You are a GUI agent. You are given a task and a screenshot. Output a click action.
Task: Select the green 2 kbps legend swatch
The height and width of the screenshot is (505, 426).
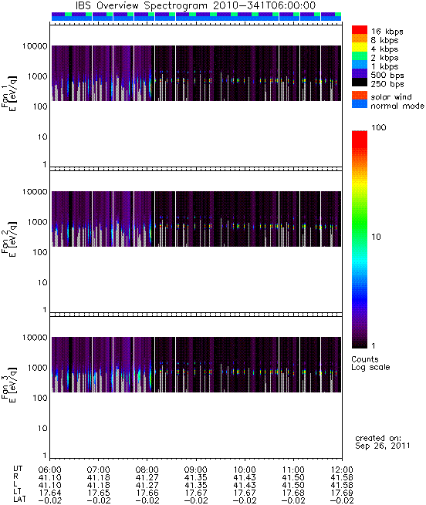point(360,56)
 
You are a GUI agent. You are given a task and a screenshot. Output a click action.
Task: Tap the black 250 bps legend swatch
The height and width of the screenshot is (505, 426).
point(360,82)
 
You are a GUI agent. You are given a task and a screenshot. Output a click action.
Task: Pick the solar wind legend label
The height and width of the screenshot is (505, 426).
point(391,97)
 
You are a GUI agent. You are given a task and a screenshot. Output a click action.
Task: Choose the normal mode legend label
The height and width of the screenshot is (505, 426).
point(397,106)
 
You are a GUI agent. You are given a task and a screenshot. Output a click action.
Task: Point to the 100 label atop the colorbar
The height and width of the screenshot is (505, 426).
point(379,127)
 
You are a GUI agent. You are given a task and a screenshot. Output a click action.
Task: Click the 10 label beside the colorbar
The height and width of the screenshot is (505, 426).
point(377,237)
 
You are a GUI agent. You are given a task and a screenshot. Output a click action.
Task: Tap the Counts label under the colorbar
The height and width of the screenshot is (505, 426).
point(365,359)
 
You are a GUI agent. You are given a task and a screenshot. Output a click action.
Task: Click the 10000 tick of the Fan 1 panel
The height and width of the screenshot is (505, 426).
point(35,46)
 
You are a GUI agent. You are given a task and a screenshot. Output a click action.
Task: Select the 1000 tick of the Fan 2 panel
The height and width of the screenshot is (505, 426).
point(37,222)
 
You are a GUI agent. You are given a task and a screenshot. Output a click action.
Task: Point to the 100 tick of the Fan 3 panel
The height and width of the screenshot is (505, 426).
point(40,398)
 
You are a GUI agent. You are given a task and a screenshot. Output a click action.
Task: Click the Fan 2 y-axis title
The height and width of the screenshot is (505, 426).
point(9,239)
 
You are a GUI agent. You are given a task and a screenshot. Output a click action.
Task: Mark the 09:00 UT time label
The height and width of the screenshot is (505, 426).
point(196,470)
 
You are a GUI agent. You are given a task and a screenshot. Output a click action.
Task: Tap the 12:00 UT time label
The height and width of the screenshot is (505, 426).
point(342,470)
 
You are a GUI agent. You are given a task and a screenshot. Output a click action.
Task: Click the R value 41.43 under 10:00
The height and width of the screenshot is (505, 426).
point(245,477)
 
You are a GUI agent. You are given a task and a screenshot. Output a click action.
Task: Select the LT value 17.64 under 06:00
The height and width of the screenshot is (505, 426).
point(50,493)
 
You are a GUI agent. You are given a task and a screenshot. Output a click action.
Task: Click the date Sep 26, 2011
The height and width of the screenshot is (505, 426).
point(383,446)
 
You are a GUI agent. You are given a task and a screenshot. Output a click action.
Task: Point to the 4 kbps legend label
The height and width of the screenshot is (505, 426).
point(385,49)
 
